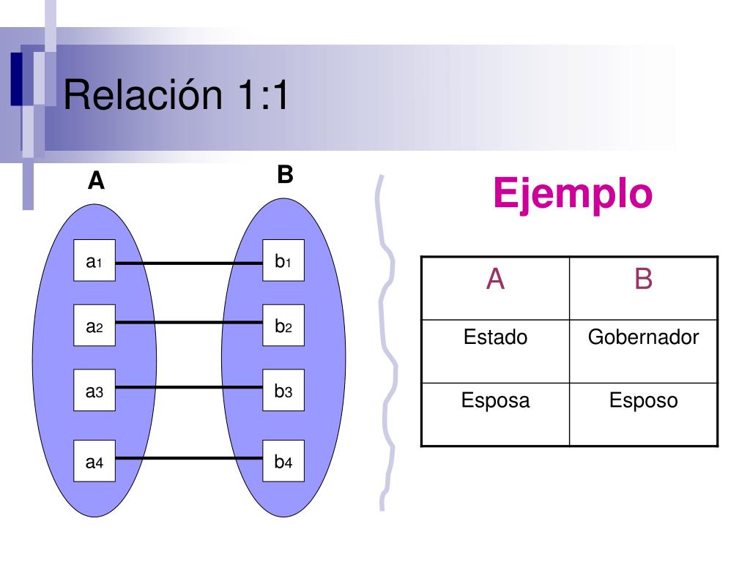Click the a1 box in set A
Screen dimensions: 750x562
pos(94,261)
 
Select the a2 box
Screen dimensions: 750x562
pos(94,325)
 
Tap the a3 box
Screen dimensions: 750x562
pos(94,390)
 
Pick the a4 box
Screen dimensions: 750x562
pos(94,461)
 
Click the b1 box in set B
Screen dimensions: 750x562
pos(283,261)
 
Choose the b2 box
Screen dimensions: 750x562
pos(283,325)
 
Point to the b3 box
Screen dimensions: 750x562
pos(283,390)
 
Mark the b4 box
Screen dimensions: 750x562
pos(283,461)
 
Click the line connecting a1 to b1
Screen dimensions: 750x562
pos(189,263)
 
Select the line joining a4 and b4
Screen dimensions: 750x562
pos(189,458)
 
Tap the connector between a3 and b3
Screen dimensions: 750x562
pos(189,387)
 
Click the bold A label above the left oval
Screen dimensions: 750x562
pos(96,181)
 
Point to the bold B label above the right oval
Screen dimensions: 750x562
pos(285,174)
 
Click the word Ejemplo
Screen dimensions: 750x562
pos(573,194)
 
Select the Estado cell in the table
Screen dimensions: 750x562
pos(496,351)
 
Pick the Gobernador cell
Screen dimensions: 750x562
pos(643,351)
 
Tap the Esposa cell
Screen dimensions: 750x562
pos(496,414)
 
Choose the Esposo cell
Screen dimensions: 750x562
pos(643,414)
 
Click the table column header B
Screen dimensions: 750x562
pos(643,279)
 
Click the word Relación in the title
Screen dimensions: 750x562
pos(143,94)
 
